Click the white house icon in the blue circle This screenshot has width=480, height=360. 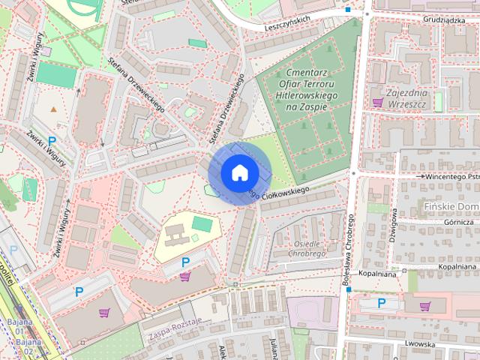(x=238, y=172)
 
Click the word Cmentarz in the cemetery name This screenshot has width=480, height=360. (x=307, y=73)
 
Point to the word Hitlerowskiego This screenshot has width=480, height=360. (x=307, y=96)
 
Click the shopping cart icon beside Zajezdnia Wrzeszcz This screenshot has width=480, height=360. (x=376, y=101)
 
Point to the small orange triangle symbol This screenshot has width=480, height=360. (x=53, y=109)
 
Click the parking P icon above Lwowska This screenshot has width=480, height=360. (x=381, y=303)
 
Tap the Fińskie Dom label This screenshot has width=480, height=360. (x=450, y=205)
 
